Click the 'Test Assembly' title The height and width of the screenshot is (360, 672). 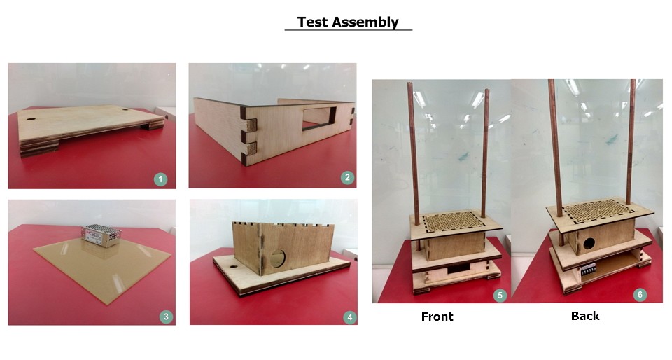(348, 22)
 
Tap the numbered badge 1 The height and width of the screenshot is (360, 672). (160, 179)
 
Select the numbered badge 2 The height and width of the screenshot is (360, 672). (347, 177)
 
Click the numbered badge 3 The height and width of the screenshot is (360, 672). (166, 317)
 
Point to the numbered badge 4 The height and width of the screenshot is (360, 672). (350, 317)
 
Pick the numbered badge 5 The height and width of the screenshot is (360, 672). (500, 295)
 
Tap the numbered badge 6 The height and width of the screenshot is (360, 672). (640, 294)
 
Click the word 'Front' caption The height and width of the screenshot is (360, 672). (437, 317)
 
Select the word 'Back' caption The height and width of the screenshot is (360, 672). (585, 316)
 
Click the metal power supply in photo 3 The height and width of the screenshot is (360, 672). (101, 236)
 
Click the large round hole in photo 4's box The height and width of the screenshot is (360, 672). (277, 258)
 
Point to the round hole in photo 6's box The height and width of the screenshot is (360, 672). (589, 244)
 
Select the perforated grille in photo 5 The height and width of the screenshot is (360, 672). (454, 221)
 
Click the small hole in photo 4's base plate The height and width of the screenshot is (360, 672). (233, 267)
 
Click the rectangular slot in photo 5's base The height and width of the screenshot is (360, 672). (457, 270)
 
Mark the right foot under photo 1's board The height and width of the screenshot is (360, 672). (153, 125)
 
